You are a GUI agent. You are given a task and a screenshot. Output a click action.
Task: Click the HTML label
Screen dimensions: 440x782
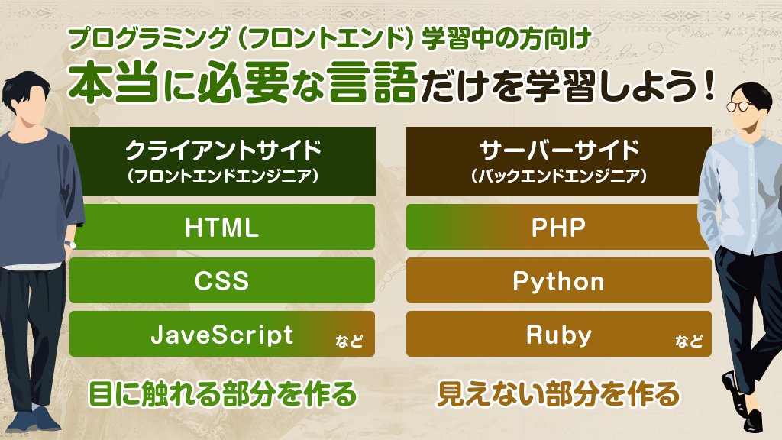[x=221, y=228]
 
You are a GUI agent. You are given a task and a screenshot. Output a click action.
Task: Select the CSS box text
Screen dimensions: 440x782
[x=221, y=281]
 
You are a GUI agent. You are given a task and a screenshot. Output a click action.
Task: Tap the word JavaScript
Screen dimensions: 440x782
[x=221, y=335]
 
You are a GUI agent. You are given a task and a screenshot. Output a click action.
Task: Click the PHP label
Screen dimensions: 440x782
[x=558, y=228]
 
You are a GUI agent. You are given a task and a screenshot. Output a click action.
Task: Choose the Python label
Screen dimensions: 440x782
[x=558, y=281]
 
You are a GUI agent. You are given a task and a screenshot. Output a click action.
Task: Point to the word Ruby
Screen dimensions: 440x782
[x=558, y=335]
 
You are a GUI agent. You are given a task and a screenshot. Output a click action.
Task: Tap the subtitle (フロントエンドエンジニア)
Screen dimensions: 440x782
[x=221, y=176]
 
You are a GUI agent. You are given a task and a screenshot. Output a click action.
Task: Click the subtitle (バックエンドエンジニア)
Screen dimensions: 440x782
[x=558, y=176]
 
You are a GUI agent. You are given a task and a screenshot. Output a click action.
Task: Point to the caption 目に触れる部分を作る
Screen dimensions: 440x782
[x=222, y=395]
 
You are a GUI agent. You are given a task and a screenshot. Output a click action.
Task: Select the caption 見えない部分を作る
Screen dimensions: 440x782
[x=557, y=395]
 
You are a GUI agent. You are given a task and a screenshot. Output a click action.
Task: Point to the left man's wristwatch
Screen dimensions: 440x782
[x=69, y=244]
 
